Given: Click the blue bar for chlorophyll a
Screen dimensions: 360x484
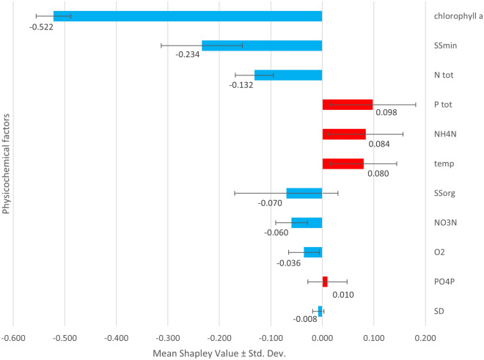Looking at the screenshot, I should (188, 16).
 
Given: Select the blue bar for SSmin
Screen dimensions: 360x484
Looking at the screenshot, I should (262, 45).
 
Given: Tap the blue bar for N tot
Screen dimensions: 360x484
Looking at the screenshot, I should (288, 75).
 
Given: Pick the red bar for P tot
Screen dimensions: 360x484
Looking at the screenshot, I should (348, 104).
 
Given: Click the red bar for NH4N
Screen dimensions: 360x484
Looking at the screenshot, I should (344, 134).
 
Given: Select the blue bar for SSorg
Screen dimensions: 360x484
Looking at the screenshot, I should (304, 193).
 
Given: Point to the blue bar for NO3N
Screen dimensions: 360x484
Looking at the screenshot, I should (307, 222).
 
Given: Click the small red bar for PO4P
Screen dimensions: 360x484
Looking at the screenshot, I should (325, 282).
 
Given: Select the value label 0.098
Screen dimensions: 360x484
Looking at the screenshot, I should (386, 113).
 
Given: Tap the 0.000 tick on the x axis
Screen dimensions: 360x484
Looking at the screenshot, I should (322, 338).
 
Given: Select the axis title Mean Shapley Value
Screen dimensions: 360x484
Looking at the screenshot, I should (219, 353).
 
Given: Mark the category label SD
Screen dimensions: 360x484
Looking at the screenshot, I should (438, 311).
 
